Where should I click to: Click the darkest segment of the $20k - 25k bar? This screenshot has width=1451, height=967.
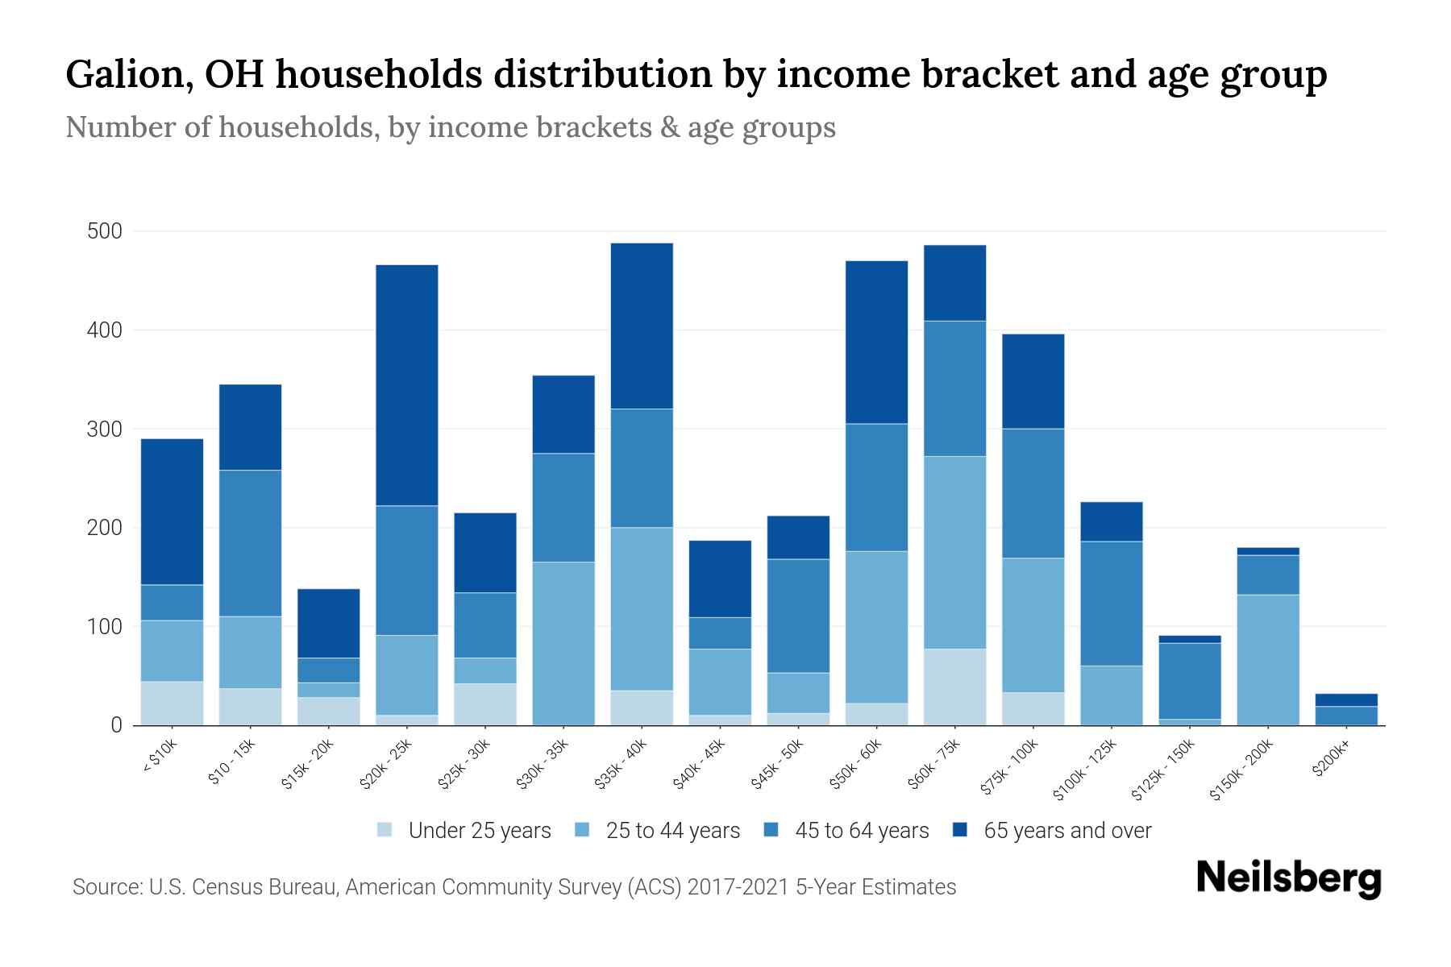click(407, 385)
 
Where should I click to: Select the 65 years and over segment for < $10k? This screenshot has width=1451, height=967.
click(172, 512)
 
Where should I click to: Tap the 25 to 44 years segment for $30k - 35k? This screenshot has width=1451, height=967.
click(563, 643)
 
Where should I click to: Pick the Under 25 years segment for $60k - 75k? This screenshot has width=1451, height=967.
click(954, 687)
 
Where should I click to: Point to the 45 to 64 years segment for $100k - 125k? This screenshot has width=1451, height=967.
click(1111, 603)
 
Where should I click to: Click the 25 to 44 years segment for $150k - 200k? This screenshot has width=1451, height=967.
click(1268, 659)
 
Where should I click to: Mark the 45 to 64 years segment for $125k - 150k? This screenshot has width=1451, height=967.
click(1190, 680)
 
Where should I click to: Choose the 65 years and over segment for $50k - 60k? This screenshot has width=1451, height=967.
click(876, 342)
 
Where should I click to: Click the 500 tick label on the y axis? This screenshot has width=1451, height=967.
click(104, 232)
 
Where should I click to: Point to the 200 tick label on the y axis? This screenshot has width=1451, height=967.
click(104, 529)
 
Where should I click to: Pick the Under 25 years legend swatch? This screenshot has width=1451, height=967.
click(385, 830)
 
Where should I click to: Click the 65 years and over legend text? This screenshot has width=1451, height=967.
click(1067, 831)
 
